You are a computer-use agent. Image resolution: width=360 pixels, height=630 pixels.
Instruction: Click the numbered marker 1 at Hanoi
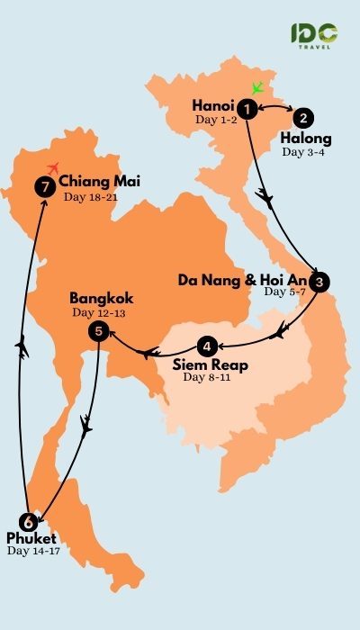tap(245, 107)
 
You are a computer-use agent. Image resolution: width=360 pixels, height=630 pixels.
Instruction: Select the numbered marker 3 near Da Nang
tap(322, 282)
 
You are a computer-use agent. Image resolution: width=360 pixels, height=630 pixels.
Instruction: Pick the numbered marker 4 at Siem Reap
tap(208, 345)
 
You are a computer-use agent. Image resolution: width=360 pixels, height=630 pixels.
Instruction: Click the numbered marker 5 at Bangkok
tap(99, 332)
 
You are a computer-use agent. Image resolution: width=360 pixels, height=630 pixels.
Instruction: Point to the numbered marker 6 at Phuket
tap(28, 521)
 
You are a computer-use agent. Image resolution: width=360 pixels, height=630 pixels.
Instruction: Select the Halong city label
tap(305, 139)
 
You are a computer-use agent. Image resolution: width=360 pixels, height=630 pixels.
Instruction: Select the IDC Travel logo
tap(314, 36)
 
